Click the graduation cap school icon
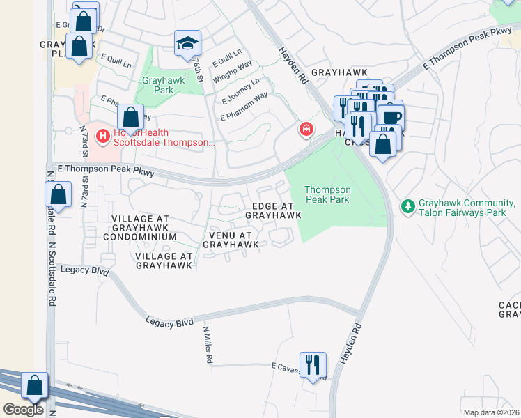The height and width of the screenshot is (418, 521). (x=187, y=43)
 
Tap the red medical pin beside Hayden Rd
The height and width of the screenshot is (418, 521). (x=305, y=130)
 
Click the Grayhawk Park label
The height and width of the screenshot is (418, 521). (x=157, y=85)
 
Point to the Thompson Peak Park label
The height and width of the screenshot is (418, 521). (x=327, y=194)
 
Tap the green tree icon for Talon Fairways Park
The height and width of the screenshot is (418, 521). (x=407, y=206)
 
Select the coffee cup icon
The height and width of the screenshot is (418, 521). (x=391, y=116)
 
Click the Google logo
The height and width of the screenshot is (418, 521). (x=23, y=410)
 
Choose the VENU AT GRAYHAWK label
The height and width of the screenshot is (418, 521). (x=231, y=240)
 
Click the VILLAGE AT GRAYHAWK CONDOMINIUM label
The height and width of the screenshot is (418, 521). (x=145, y=228)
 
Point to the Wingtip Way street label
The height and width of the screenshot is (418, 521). (x=233, y=72)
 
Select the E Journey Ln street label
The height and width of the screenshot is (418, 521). (x=240, y=91)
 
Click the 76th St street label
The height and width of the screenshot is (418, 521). (x=199, y=69)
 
